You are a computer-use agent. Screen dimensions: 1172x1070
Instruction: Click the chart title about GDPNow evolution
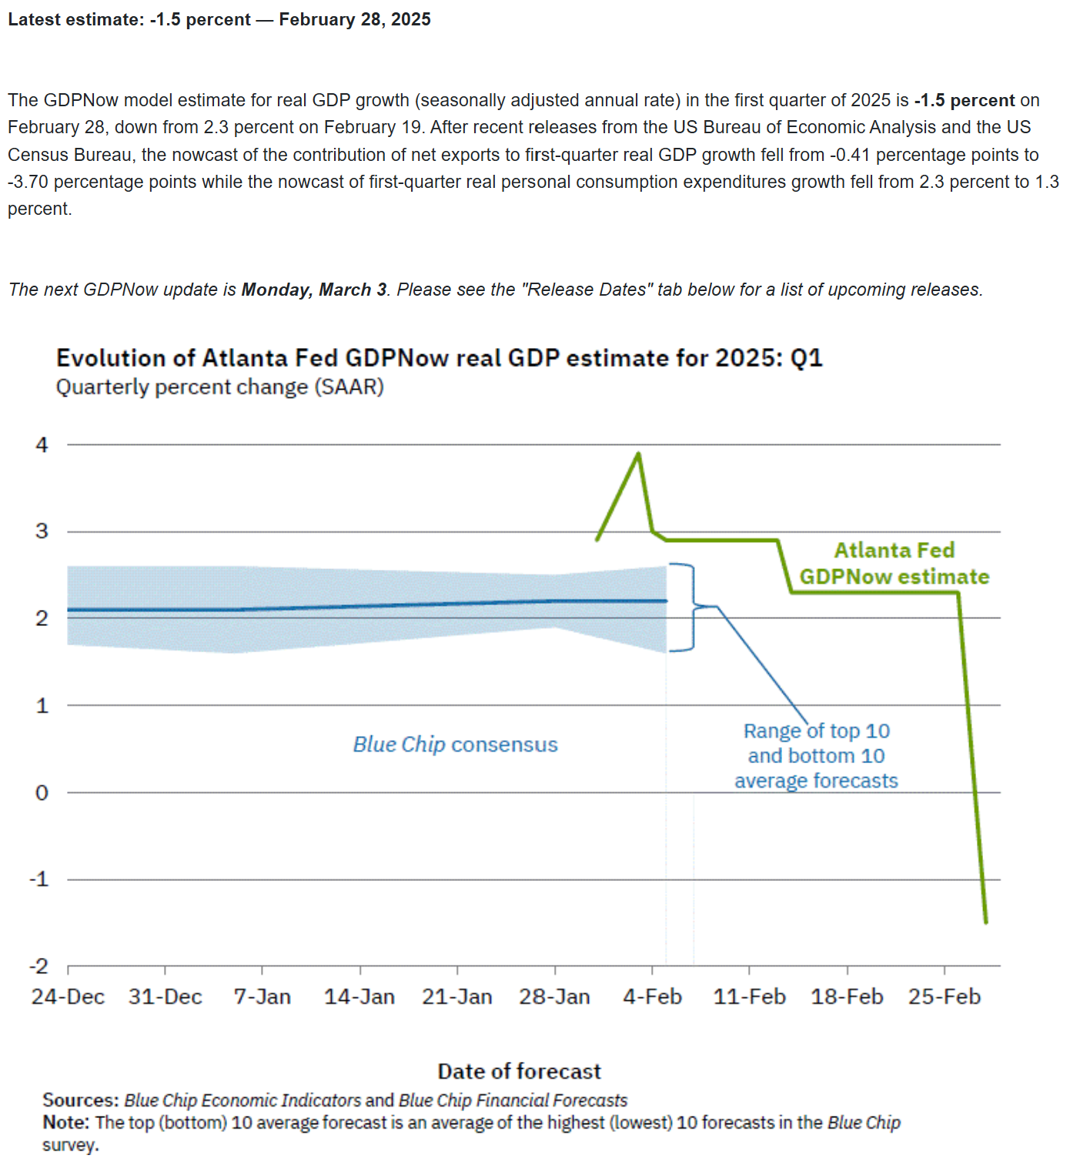(440, 358)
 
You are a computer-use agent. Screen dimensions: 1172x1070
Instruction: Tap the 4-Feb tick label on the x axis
(652, 996)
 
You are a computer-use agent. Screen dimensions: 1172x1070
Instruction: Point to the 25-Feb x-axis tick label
(944, 996)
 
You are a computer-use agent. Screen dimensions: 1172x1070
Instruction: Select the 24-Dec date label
(68, 996)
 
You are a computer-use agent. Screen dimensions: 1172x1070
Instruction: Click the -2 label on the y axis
(39, 966)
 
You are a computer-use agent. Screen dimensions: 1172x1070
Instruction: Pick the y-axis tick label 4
(42, 444)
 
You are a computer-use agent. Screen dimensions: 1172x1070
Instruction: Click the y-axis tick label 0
(42, 792)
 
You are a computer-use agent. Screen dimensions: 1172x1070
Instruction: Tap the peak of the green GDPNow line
(638, 454)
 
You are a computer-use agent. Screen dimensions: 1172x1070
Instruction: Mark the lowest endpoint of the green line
(986, 922)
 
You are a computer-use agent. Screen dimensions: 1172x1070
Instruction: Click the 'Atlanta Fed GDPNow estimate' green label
(894, 563)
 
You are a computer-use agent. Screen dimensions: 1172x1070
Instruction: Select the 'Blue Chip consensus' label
(455, 745)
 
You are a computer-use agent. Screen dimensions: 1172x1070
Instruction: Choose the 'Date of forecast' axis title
(520, 1071)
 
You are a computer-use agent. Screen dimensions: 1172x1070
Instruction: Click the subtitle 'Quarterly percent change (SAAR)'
(219, 387)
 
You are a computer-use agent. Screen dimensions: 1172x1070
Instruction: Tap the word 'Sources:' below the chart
(81, 1100)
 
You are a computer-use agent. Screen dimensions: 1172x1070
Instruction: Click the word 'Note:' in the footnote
(66, 1122)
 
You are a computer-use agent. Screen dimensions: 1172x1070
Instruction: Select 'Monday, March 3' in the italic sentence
(313, 290)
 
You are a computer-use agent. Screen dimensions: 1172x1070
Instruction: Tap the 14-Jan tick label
(359, 996)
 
